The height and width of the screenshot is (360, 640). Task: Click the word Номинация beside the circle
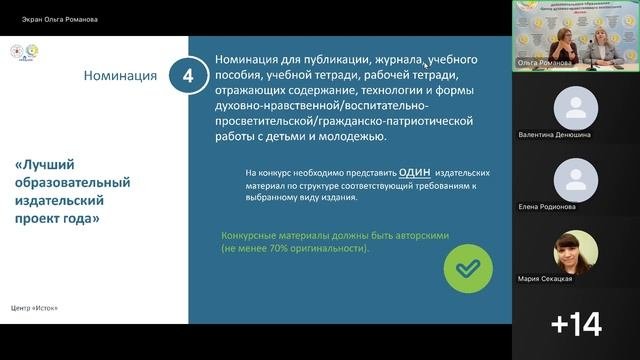click(119, 75)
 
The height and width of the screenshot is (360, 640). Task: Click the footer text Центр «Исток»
click(35, 307)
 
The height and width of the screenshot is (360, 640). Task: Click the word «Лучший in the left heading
click(45, 163)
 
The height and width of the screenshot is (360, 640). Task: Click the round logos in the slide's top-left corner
click(23, 53)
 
